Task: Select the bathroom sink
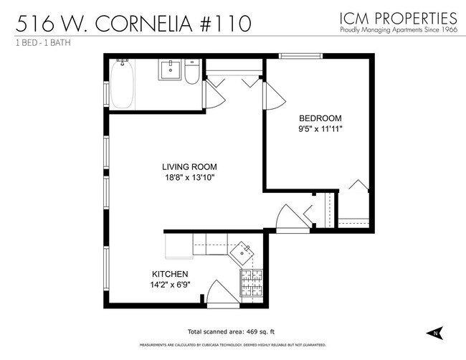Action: coord(171,70)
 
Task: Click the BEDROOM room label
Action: coord(320,118)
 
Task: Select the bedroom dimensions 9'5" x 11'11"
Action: coord(320,129)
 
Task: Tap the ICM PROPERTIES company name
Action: coord(398,16)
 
